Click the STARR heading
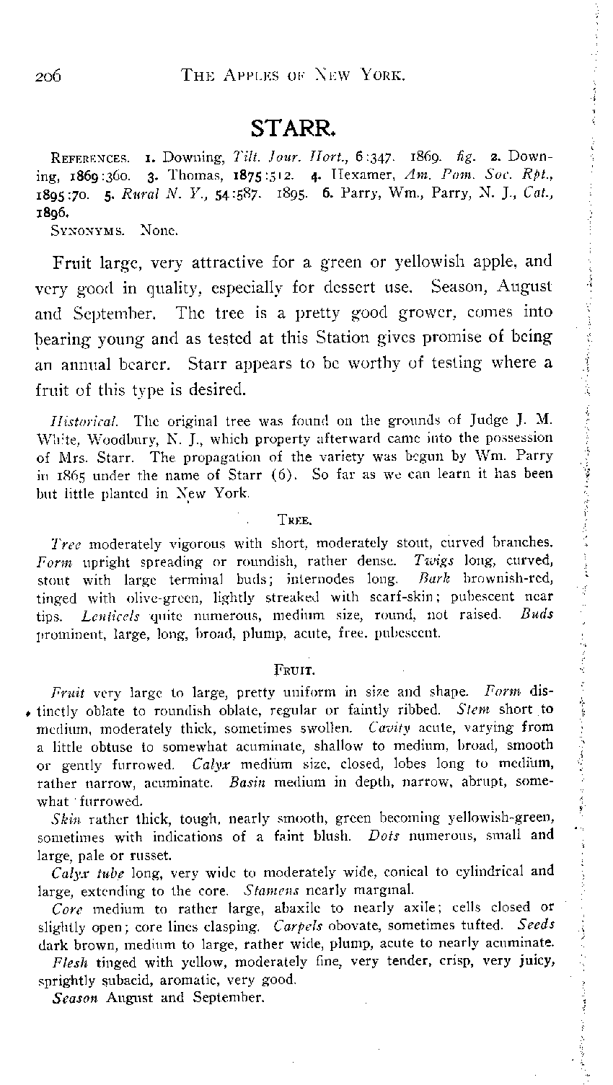pos(291,130)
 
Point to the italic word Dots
pos(384,837)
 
